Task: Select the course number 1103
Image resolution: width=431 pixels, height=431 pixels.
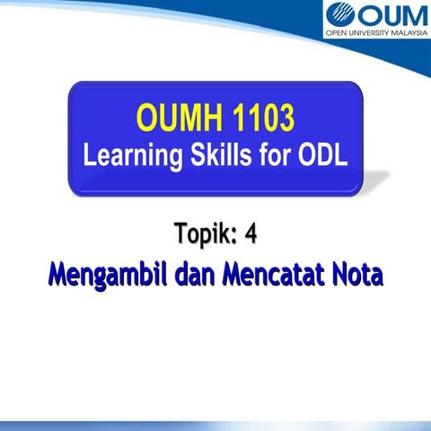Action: tap(259, 117)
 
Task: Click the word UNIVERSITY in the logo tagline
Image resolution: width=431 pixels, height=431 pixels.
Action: tap(363, 40)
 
